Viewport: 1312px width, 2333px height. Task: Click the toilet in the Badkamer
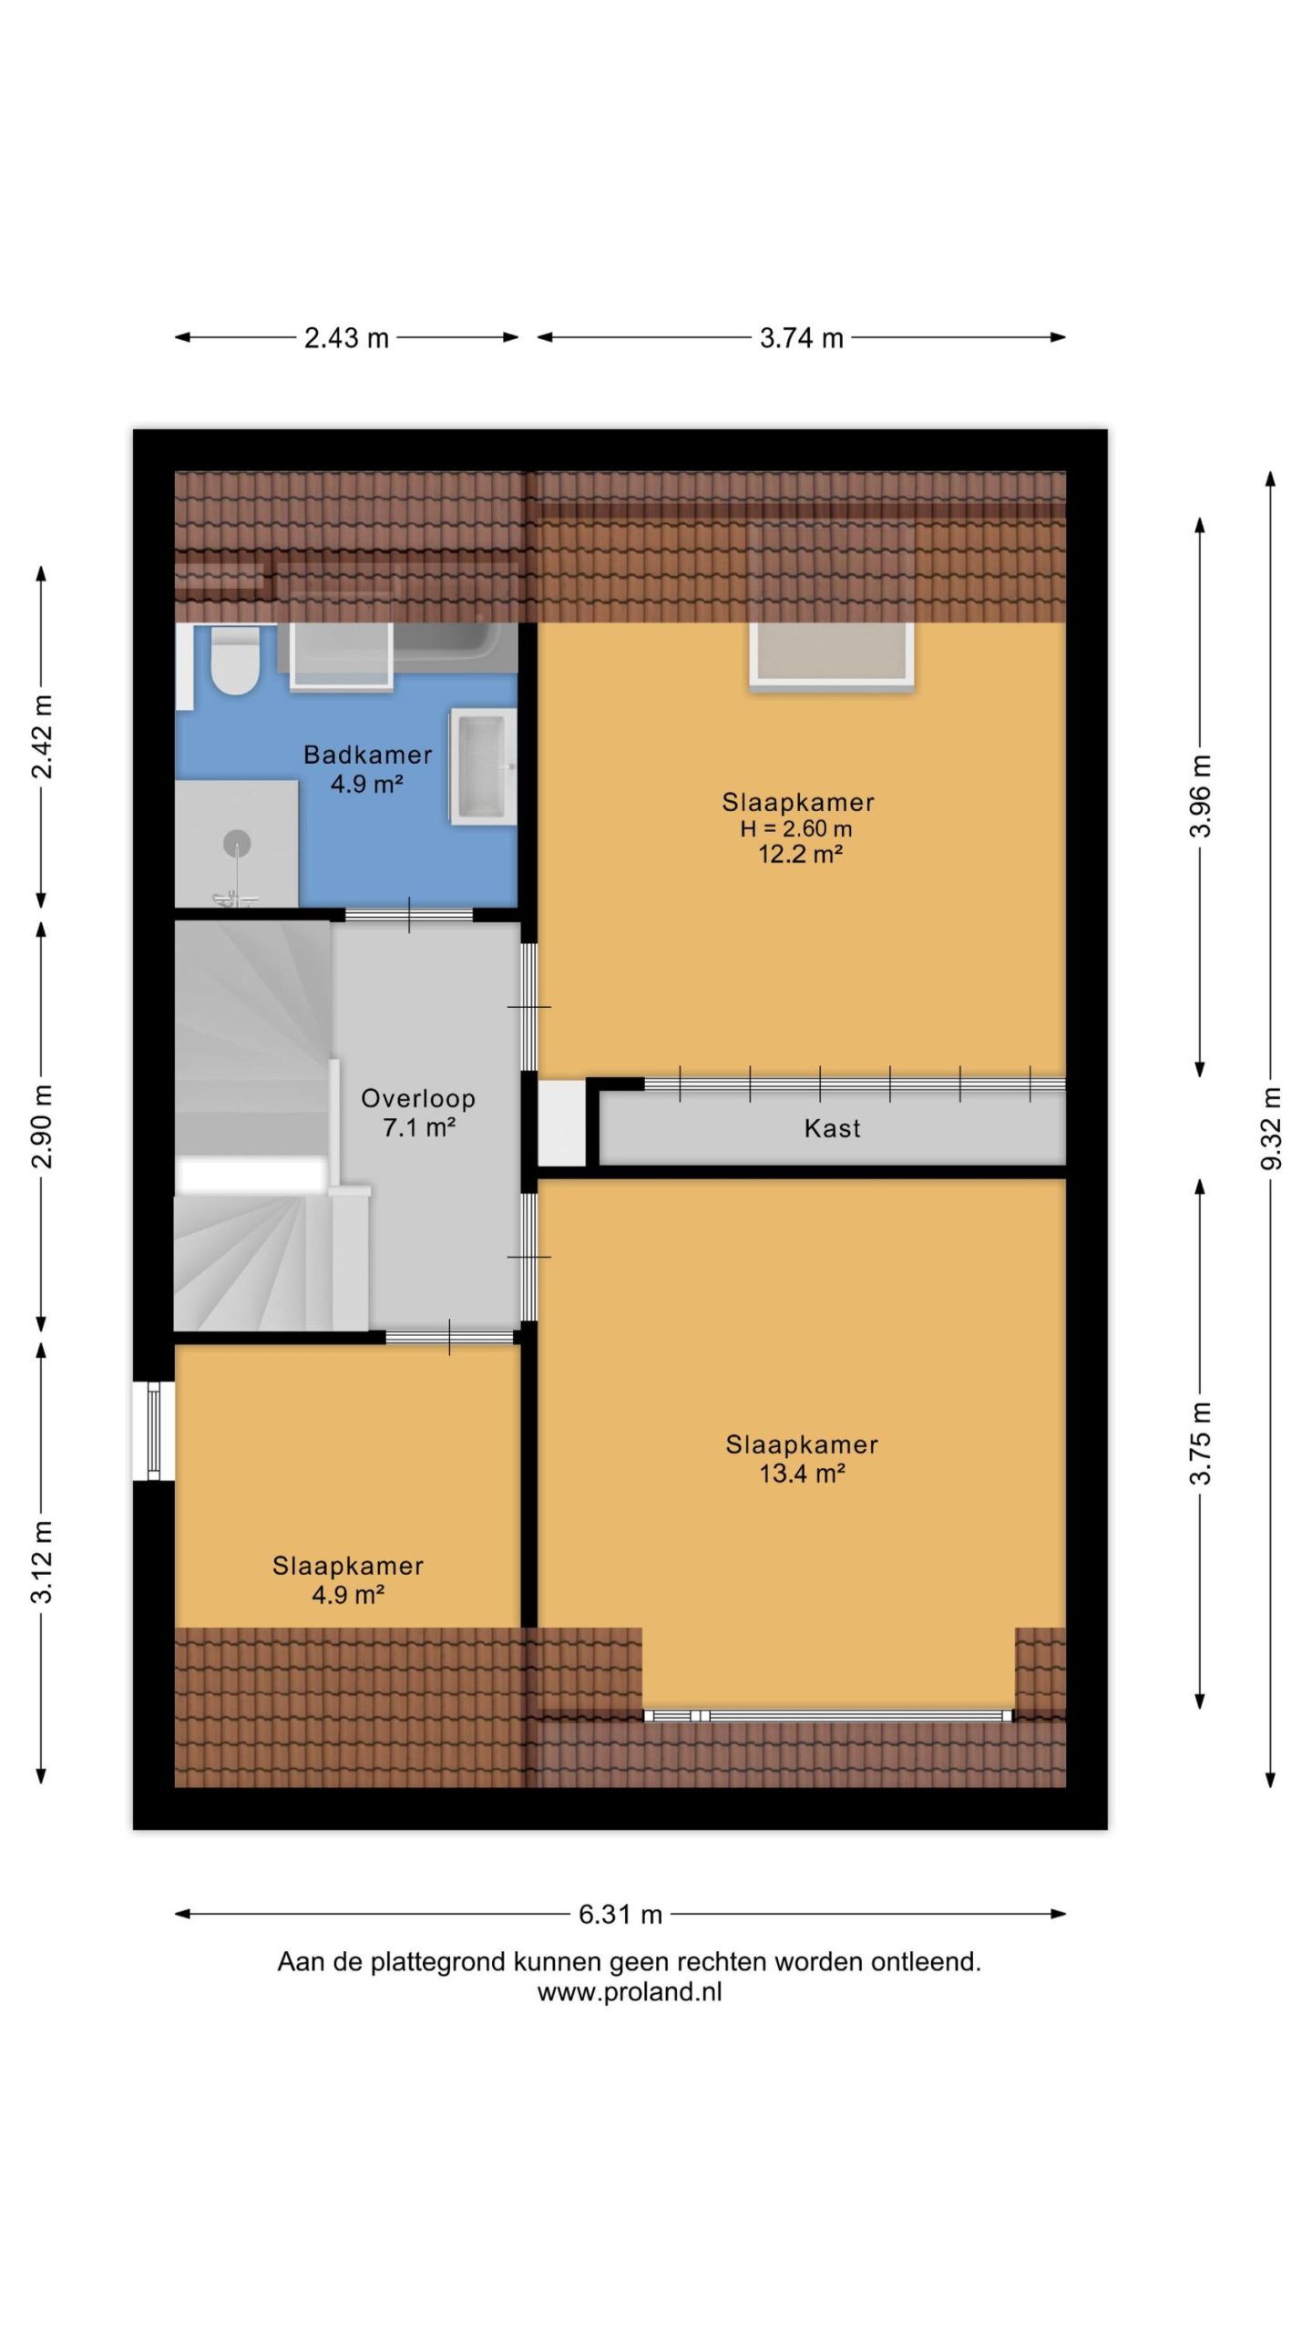tap(234, 661)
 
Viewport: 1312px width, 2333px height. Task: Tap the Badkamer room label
tap(367, 755)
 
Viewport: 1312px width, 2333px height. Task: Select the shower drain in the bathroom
tap(237, 843)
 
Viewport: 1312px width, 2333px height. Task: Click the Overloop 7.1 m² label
tap(418, 1113)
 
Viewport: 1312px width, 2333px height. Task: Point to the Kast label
tap(832, 1129)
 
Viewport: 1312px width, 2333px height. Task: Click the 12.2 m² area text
tap(800, 855)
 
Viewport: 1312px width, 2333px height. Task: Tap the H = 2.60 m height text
tap(796, 828)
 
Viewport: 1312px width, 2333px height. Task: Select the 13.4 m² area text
tap(802, 1474)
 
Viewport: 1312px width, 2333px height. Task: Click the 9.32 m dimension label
tap(1272, 1128)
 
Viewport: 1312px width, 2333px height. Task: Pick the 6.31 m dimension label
tap(620, 1915)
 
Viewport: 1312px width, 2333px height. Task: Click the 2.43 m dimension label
tap(346, 338)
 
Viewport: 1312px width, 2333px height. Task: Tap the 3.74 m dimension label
tap(802, 338)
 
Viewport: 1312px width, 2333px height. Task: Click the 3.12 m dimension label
tap(42, 1562)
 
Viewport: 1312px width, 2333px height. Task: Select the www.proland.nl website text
tap(629, 1993)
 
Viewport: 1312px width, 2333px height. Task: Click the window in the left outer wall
tap(153, 1430)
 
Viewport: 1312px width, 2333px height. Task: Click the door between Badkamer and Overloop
tap(408, 915)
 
